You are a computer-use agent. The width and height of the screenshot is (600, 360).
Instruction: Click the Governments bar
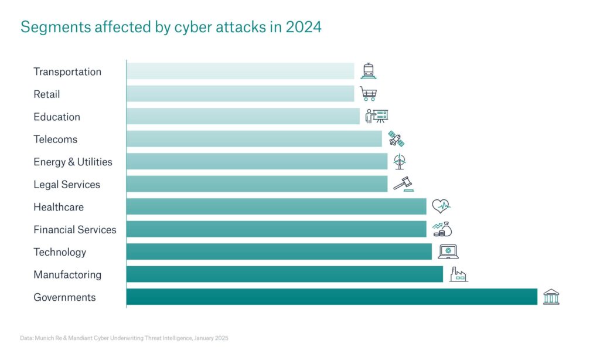pos(332,297)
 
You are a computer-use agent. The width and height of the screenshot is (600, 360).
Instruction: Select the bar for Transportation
pos(240,71)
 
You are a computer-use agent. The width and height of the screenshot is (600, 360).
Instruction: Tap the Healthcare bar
pos(276,206)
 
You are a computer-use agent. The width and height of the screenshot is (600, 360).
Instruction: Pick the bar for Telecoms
pos(254,139)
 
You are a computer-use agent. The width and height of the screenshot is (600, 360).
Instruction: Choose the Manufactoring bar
pos(284,274)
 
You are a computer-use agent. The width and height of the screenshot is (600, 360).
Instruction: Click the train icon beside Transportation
pos(369,71)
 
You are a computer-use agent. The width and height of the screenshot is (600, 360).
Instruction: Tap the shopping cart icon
pos(369,94)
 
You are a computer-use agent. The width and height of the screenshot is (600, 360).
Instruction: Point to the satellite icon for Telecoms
pos(397,139)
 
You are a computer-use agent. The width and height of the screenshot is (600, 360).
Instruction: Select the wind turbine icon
pos(400,161)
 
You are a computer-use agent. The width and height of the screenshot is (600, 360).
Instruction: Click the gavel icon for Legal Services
pos(403,184)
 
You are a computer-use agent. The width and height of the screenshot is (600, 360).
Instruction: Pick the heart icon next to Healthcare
pos(441,206)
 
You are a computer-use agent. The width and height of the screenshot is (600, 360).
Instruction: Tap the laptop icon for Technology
pos(448,252)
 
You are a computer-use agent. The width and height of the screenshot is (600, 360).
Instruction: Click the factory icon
pos(458,274)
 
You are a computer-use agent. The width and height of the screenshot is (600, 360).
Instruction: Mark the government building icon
pos(551,297)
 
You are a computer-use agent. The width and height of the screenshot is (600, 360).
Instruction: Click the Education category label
pos(57,117)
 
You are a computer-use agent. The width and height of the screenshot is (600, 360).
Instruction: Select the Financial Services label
pos(75,229)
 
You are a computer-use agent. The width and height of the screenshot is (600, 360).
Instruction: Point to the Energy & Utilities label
pos(73,162)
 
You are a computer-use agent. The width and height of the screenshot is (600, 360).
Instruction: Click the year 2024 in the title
pos(304,27)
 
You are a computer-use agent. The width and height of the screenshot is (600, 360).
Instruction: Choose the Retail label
pos(47,94)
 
